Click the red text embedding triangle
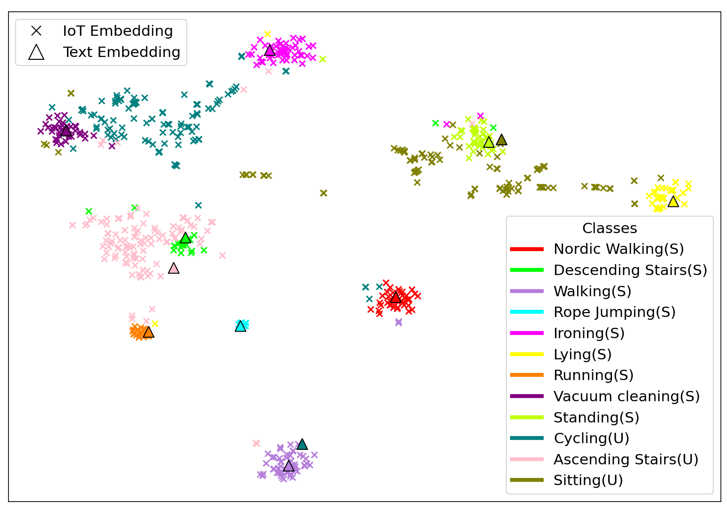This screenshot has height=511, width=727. click(396, 297)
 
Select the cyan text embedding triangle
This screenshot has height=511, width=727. click(240, 326)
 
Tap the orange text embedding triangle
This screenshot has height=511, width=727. click(149, 332)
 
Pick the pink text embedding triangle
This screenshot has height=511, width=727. click(174, 268)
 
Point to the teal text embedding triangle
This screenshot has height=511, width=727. click(302, 444)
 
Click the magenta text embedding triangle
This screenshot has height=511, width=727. click(270, 50)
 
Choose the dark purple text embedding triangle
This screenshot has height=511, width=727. click(66, 130)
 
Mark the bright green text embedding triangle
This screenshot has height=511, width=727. click(186, 238)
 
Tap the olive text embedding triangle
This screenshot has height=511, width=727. click(502, 140)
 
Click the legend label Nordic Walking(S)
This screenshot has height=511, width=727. click(619, 249)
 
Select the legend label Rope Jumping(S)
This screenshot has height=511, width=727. click(614, 312)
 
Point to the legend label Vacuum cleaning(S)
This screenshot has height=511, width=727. click(627, 396)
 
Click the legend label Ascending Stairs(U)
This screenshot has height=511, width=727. click(626, 459)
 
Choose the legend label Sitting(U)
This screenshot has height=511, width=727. click(588, 480)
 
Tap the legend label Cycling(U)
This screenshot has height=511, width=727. click(591, 438)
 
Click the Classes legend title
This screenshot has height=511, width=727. click(610, 228)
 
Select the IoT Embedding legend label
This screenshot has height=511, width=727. click(118, 31)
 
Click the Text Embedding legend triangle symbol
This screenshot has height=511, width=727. click(36, 52)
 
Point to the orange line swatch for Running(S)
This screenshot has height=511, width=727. click(527, 375)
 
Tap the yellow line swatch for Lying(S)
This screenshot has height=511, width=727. click(527, 354)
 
